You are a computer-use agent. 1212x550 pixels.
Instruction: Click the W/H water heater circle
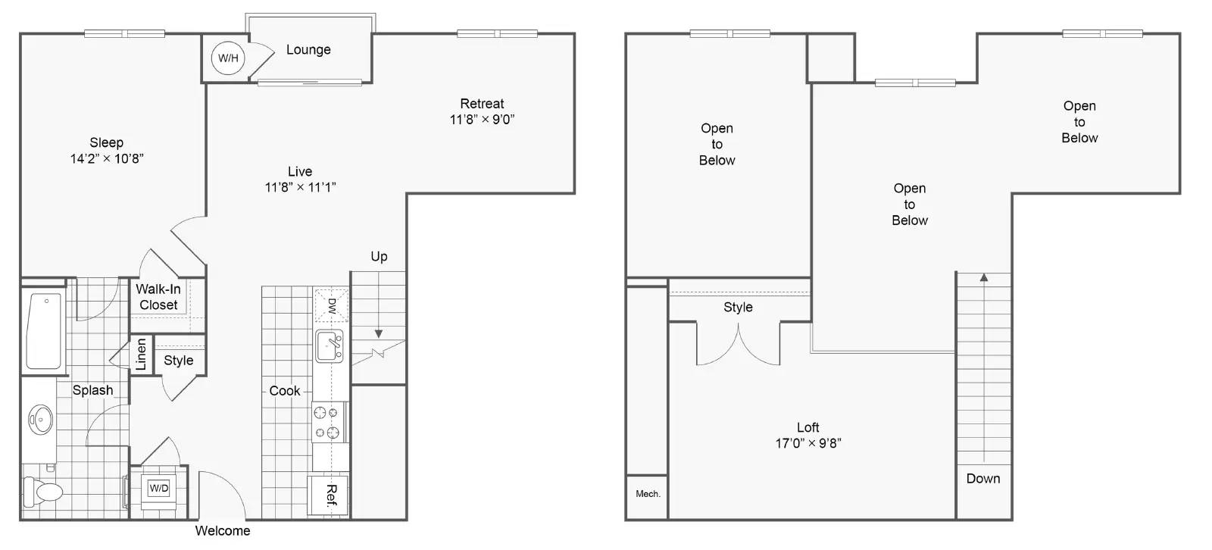click(228, 58)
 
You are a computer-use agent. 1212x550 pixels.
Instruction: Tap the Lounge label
click(308, 50)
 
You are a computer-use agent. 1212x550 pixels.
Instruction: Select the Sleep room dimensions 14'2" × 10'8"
click(107, 158)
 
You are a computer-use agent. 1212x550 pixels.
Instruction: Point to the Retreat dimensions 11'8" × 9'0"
click(482, 119)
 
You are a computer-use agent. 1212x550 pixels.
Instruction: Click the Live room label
click(300, 172)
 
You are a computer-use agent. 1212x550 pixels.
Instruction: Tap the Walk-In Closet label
click(158, 297)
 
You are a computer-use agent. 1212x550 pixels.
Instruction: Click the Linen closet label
click(141, 355)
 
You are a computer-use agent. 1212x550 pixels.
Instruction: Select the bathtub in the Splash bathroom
click(44, 331)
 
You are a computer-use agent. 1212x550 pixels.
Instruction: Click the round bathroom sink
click(41, 420)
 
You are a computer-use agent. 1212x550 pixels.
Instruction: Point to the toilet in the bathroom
click(43, 492)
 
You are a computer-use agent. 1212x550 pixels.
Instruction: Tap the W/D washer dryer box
click(158, 489)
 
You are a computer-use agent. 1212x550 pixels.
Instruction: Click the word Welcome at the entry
click(223, 531)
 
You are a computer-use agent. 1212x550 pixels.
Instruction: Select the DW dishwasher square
click(332, 305)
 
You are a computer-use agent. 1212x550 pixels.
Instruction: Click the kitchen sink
click(330, 346)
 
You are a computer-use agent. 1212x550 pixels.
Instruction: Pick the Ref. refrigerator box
click(329, 495)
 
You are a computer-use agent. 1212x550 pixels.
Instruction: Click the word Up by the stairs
click(379, 257)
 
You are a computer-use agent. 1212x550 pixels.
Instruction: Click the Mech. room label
click(648, 494)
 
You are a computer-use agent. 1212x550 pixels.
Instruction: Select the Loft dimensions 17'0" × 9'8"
click(807, 443)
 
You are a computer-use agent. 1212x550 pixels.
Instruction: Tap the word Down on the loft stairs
click(983, 479)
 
